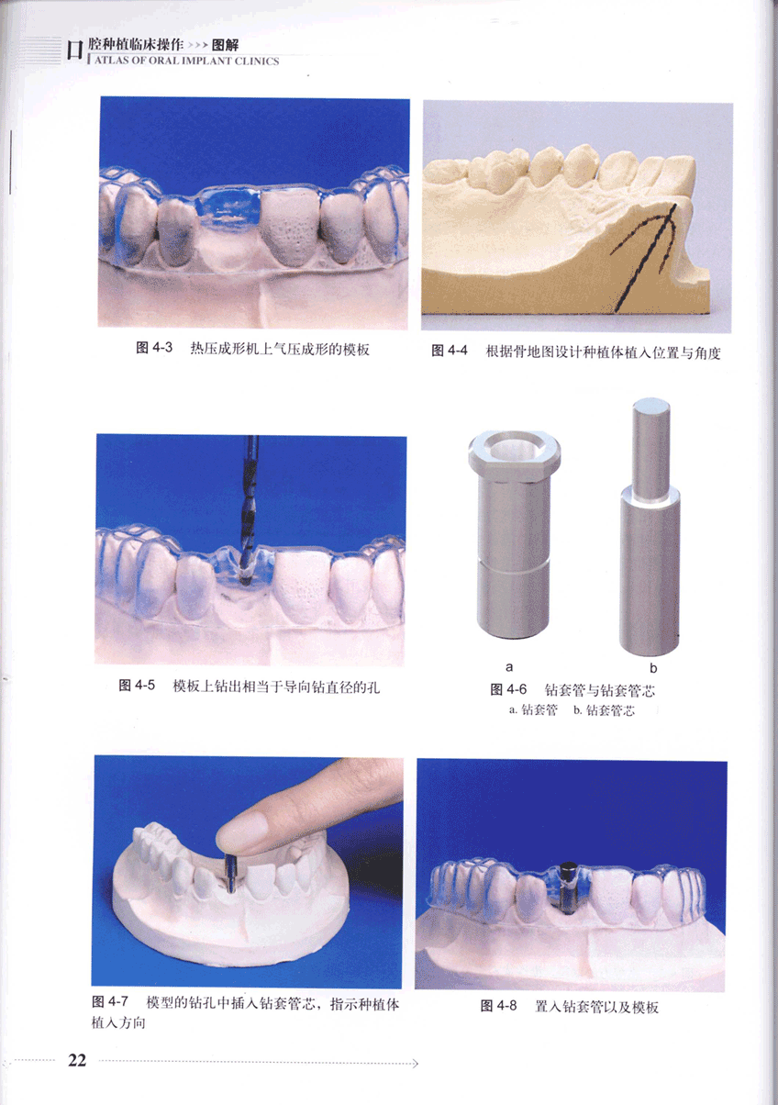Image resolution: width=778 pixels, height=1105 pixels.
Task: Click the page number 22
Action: coord(77,1060)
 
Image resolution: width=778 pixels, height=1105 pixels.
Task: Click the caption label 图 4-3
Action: coord(154,348)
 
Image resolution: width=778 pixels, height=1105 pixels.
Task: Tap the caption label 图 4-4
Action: coord(450,351)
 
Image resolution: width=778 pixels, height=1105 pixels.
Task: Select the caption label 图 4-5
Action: coord(137,686)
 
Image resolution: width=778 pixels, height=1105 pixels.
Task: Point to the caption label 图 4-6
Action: coord(508,689)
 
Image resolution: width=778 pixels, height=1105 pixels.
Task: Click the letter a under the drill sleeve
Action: coord(509,667)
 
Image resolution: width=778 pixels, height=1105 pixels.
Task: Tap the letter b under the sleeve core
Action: coord(653,668)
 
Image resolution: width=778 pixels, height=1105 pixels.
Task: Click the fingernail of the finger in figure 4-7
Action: coord(241,831)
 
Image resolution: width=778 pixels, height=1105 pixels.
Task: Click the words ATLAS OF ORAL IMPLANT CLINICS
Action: coord(187,61)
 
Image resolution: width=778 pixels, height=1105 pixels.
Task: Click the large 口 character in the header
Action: coord(75,50)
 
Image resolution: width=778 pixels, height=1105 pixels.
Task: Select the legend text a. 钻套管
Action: coord(533,709)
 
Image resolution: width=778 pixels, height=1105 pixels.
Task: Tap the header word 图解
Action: coord(226,45)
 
